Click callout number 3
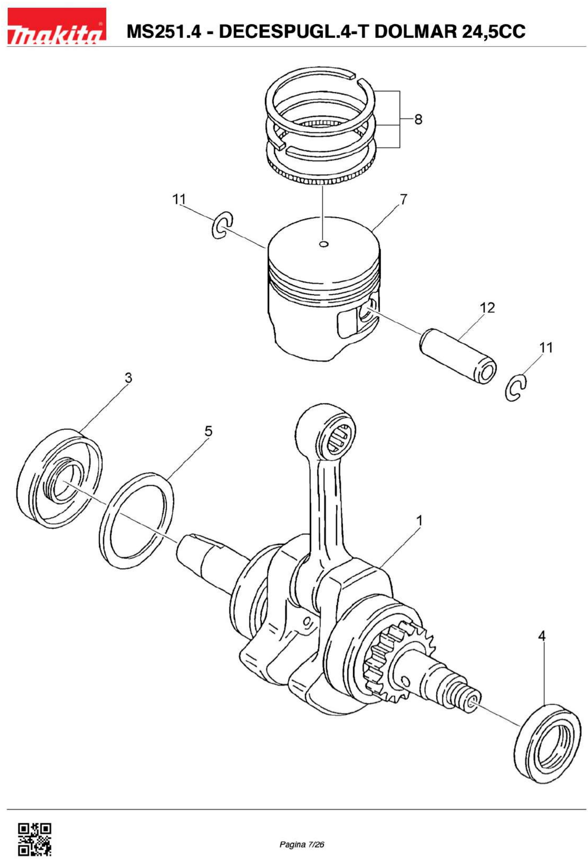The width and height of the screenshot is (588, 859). pyautogui.click(x=128, y=378)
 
